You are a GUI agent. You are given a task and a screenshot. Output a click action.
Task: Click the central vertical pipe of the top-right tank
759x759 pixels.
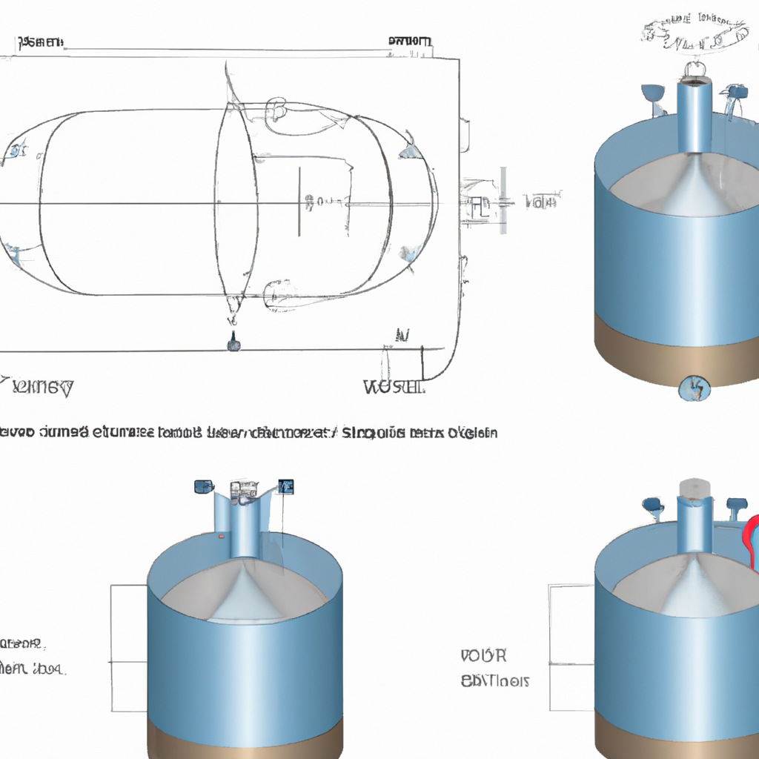694,119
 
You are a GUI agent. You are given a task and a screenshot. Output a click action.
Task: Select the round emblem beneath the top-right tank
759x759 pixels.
694,386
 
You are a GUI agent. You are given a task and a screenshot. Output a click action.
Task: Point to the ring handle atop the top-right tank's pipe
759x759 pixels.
694,70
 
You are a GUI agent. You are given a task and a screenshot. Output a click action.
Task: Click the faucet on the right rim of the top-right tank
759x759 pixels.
736,95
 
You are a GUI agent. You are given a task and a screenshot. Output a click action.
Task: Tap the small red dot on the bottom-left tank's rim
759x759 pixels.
220,535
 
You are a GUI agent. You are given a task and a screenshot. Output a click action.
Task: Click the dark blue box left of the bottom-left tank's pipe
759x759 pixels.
203,486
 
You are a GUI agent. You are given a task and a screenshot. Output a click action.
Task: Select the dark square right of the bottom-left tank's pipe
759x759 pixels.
286,486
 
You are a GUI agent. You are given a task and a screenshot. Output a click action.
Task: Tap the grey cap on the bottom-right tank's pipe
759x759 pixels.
695,487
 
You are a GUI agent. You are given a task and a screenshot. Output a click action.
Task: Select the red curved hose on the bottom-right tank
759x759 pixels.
750,541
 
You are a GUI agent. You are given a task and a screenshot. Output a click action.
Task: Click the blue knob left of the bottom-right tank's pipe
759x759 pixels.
653,506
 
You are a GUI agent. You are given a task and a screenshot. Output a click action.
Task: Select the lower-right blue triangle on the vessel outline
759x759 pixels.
408,254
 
